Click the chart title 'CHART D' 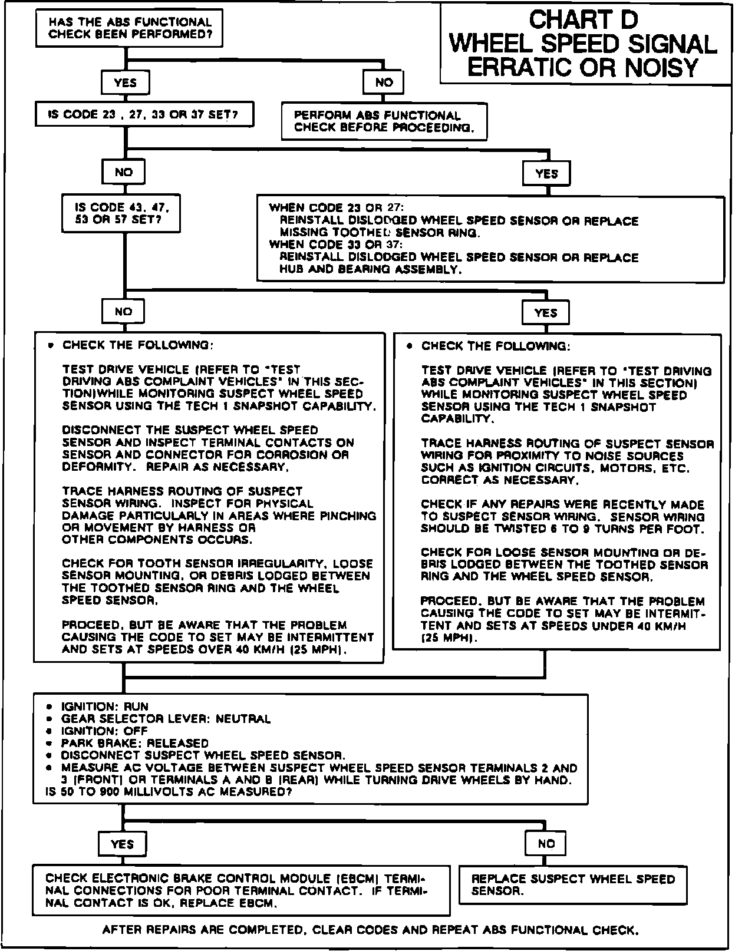(x=583, y=20)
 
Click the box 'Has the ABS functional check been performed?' (x=129, y=28)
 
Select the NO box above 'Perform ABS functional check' (x=384, y=82)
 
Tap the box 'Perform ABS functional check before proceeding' (x=384, y=121)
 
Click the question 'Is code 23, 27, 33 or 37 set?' (x=144, y=114)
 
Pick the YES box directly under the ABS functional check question (x=125, y=82)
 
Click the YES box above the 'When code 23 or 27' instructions (x=546, y=174)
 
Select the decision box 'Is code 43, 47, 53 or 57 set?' (x=121, y=213)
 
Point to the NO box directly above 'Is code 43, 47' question (x=123, y=173)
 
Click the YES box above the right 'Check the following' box (x=546, y=313)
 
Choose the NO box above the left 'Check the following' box (x=123, y=312)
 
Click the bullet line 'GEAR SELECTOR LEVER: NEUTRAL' (x=166, y=719)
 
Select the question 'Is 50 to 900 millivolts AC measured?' (x=169, y=792)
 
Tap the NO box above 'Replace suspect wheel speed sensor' (x=546, y=844)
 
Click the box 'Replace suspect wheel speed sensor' (x=573, y=884)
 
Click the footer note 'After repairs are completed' (x=370, y=931)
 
